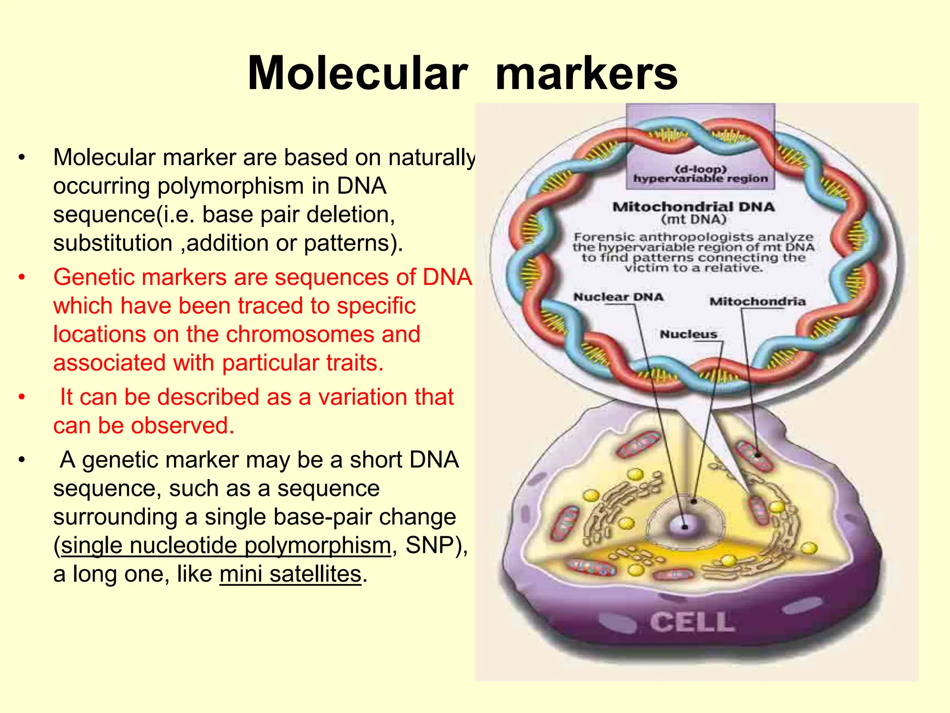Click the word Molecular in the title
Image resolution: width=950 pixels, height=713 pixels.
coord(357,73)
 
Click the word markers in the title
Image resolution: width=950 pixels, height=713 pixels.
coord(586,73)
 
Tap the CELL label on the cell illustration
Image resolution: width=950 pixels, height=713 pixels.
coord(692,622)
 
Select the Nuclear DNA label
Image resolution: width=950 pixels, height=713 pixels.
coord(618,297)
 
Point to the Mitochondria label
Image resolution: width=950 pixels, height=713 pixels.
coord(757,302)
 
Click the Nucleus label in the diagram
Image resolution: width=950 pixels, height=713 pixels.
coord(688,334)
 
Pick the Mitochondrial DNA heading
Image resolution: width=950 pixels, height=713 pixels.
coord(693,207)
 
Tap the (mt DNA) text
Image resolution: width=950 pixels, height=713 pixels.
coord(693,219)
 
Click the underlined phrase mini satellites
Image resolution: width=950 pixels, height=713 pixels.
coord(290,574)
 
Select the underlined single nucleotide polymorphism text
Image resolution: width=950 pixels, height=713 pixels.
coord(226,545)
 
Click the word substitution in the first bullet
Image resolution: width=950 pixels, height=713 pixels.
coord(113,243)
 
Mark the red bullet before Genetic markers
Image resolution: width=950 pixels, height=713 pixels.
coord(22,278)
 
